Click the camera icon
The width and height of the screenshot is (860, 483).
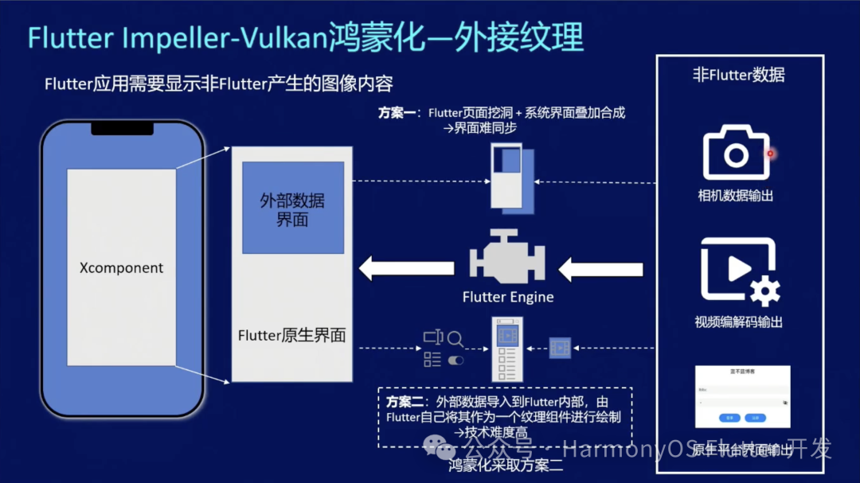point(736,154)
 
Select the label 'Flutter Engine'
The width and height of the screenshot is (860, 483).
point(508,297)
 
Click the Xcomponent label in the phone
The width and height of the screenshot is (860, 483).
point(121,268)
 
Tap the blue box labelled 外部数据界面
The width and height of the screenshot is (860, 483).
point(292,208)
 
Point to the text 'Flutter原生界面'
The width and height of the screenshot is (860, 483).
point(291,335)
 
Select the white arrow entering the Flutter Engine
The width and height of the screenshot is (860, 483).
point(600,270)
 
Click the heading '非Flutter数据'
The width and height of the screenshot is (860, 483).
point(738,76)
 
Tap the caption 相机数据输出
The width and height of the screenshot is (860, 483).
point(735,196)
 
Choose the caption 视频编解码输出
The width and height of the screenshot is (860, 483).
point(738,322)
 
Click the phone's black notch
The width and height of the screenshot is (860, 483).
point(122,128)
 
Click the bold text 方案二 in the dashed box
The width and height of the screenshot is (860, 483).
point(405,402)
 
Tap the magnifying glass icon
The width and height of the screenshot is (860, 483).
point(455,339)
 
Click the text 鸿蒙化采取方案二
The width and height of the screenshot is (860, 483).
point(506,465)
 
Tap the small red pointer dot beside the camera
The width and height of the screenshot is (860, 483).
point(770,154)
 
